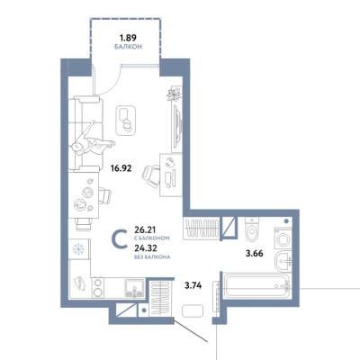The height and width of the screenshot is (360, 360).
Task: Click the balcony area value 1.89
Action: point(128,38)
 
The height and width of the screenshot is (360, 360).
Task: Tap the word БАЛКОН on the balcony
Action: point(128,47)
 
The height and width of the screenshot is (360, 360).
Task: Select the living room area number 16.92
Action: point(121,168)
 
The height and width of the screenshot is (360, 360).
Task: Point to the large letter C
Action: point(119,239)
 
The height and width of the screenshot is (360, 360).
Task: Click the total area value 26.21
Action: point(146,230)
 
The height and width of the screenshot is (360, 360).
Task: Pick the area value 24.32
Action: point(146,248)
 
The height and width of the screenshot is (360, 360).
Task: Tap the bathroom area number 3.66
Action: point(255,254)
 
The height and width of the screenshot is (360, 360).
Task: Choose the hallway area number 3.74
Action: point(193,286)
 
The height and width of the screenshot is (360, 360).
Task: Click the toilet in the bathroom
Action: point(251,229)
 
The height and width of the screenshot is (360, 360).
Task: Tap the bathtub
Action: point(256,286)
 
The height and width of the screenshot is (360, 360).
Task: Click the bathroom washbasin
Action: point(283,261)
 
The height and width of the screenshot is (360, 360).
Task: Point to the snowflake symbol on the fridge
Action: point(78,248)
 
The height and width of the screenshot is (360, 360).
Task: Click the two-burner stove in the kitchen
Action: point(97,287)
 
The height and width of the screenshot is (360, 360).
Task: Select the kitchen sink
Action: point(135,288)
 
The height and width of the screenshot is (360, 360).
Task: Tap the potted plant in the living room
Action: point(175,94)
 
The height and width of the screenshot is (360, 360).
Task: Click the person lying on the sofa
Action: point(93,141)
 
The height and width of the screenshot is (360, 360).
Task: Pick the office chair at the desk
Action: point(152,176)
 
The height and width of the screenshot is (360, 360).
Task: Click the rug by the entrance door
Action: point(193,310)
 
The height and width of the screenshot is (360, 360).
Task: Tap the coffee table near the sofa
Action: point(126,121)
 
